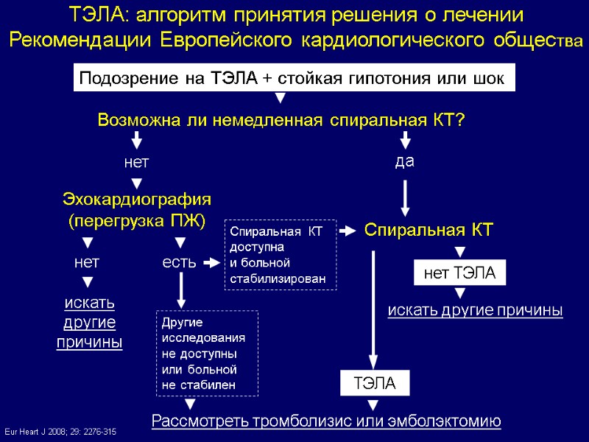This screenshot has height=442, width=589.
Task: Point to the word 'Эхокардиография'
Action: click(137, 199)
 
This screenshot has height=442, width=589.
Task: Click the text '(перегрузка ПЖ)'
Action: click(137, 220)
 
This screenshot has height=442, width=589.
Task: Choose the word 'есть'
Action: click(179, 262)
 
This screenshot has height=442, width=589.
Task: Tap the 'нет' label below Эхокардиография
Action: click(87, 262)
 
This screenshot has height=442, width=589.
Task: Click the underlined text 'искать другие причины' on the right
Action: click(475, 311)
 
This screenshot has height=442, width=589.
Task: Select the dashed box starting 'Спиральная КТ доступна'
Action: click(279, 255)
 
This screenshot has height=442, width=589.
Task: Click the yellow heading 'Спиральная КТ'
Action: click(428, 231)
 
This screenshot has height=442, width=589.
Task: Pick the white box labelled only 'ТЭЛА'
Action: click(375, 384)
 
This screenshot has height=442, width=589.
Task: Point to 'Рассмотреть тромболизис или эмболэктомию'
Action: click(325, 421)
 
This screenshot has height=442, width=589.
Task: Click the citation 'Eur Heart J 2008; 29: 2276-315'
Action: click(60, 429)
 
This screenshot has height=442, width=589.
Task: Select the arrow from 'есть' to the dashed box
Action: click(211, 262)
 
